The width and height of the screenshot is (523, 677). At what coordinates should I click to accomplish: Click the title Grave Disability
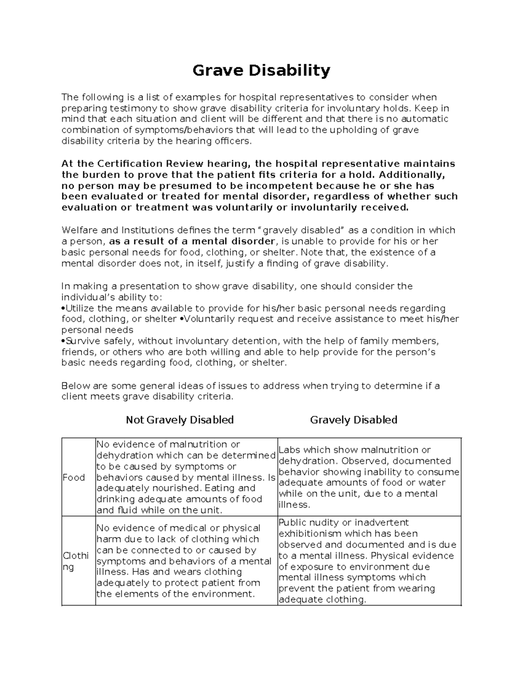coord(261,70)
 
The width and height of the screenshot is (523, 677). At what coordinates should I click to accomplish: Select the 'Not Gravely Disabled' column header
coord(180,420)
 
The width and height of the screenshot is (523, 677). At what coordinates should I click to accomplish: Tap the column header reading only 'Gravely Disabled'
coord(353,420)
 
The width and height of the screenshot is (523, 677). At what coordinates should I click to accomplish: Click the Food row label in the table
coord(74,477)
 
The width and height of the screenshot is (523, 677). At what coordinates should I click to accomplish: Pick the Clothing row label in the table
coord(76,561)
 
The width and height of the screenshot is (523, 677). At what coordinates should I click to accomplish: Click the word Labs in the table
coord(289,450)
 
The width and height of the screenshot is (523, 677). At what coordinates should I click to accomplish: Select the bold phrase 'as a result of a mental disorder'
coord(192,242)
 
